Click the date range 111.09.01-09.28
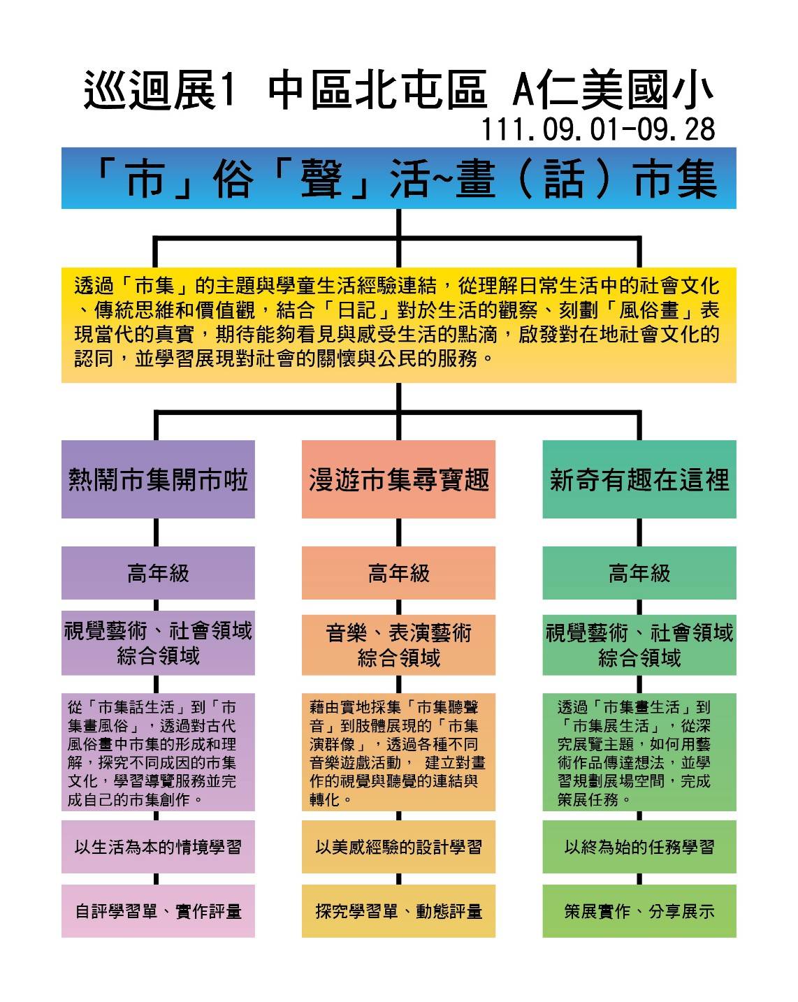pos(598,129)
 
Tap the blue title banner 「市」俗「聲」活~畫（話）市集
pos(398,178)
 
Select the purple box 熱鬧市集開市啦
pos(158,479)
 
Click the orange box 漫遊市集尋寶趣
pos(398,479)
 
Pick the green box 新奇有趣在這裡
pos(639,479)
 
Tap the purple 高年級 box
pos(158,573)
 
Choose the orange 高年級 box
pos(398,573)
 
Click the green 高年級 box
pos(639,573)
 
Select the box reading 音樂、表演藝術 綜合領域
pos(398,644)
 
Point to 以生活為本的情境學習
pos(158,846)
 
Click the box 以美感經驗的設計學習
pos(398,846)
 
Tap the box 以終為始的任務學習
pos(639,846)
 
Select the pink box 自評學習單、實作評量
pos(158,910)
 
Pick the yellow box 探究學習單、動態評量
pos(398,910)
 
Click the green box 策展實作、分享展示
pos(639,910)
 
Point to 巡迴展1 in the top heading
pos(160,90)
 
